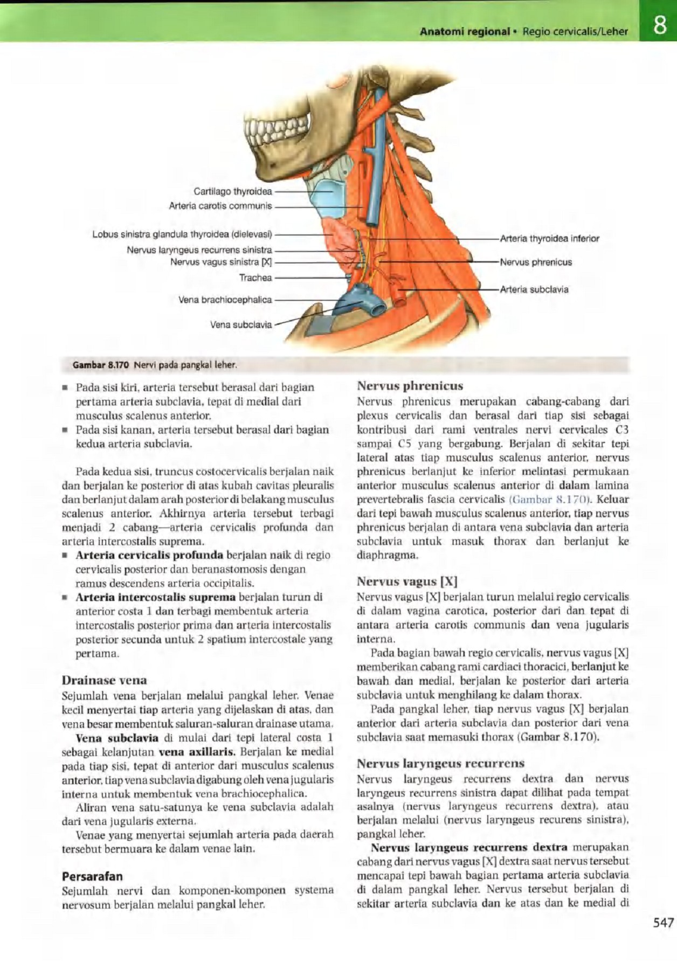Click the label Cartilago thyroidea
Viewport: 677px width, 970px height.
[233, 191]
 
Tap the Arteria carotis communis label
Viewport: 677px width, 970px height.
[220, 206]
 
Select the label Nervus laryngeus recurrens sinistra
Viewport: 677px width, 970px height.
[199, 250]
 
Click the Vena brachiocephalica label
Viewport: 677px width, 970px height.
[225, 300]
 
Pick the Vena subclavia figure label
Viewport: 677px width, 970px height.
[241, 324]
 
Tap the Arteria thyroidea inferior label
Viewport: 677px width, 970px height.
[549, 238]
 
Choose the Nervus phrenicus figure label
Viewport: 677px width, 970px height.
[536, 262]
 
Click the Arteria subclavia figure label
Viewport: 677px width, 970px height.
[534, 289]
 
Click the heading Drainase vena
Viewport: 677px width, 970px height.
[104, 680]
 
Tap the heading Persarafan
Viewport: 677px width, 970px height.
[92, 876]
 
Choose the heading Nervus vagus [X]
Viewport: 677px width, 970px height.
[407, 581]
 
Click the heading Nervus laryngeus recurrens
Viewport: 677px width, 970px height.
[440, 763]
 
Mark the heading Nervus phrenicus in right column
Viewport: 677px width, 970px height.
[410, 386]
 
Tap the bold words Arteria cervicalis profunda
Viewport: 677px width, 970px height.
[149, 555]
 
